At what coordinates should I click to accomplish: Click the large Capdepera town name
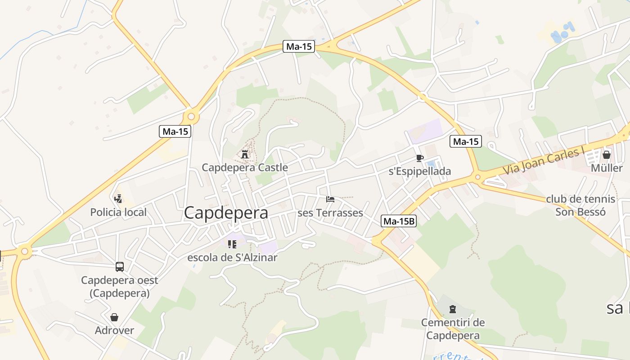pyautogui.click(x=226, y=212)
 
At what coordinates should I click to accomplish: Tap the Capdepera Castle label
pyautogui.click(x=244, y=167)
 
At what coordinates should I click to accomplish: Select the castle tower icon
pyautogui.click(x=245, y=154)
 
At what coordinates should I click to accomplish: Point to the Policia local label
pyautogui.click(x=118, y=212)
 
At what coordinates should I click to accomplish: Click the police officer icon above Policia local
pyautogui.click(x=118, y=198)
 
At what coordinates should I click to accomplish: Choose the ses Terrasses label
pyautogui.click(x=330, y=213)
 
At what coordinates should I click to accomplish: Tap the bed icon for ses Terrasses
pyautogui.click(x=330, y=199)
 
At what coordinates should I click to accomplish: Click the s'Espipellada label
pyautogui.click(x=419, y=171)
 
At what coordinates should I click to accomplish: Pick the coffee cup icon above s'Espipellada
pyautogui.click(x=419, y=158)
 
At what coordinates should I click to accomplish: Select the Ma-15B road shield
pyautogui.click(x=399, y=221)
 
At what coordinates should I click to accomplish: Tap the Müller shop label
pyautogui.click(x=607, y=168)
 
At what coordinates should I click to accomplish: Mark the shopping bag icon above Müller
pyautogui.click(x=607, y=155)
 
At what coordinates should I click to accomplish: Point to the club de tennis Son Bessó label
pyautogui.click(x=580, y=205)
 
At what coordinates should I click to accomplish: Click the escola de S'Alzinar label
pyautogui.click(x=232, y=257)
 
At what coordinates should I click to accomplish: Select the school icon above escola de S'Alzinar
pyautogui.click(x=232, y=244)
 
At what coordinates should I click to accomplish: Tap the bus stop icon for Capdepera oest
pyautogui.click(x=120, y=267)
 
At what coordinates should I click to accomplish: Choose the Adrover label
pyautogui.click(x=114, y=330)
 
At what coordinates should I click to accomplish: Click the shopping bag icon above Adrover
pyautogui.click(x=114, y=317)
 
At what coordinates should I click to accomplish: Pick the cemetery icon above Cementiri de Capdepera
pyautogui.click(x=453, y=309)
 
